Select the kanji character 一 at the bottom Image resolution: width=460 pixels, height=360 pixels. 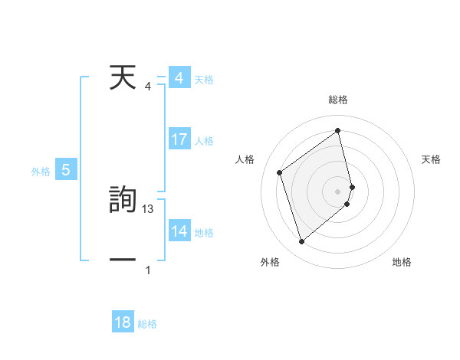point(123,260)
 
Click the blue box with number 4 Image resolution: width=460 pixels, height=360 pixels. point(179,78)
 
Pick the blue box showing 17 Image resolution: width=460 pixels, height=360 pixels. point(179,139)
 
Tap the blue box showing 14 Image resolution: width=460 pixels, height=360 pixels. point(179,231)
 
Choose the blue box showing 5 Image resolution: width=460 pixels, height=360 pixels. point(66,170)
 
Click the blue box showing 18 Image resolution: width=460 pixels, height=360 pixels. point(123,322)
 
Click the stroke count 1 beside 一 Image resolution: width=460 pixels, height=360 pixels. point(148,270)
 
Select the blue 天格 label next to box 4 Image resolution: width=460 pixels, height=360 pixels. point(204,80)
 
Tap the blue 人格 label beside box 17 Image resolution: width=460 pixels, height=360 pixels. point(204,141)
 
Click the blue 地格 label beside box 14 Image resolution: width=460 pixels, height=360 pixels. point(204,233)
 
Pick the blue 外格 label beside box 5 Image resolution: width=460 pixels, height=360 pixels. point(41,172)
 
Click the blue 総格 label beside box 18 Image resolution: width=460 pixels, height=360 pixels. point(147,324)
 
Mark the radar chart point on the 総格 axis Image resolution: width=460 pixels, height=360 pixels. point(338,130)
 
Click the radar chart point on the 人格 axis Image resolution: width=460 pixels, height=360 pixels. point(280,172)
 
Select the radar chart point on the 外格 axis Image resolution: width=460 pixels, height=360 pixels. point(301,242)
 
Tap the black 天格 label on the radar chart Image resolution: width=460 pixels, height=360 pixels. point(432,159)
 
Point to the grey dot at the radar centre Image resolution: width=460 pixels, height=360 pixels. point(338,191)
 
